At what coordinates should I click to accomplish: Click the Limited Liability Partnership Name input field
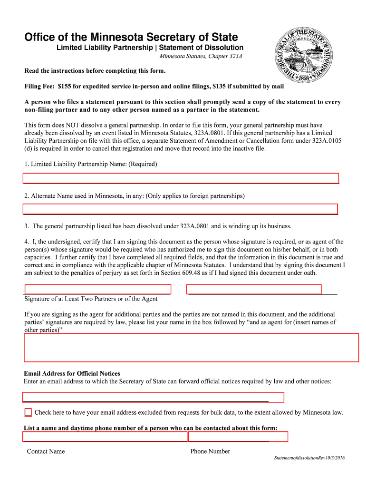pyautogui.click(x=181, y=178)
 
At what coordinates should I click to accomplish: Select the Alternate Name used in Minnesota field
pyautogui.click(x=180, y=209)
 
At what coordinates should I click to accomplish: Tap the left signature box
pyautogui.click(x=97, y=289)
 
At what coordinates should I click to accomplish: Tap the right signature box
pyautogui.click(x=254, y=289)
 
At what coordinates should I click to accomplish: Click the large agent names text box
pyautogui.click(x=191, y=348)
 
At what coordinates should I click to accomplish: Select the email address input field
pyautogui.click(x=153, y=397)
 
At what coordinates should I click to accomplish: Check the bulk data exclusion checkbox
pyautogui.click(x=28, y=412)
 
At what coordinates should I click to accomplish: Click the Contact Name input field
pyautogui.click(x=105, y=437)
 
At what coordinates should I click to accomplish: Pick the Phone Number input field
pyautogui.click(x=238, y=437)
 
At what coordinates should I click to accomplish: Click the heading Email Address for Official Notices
pyautogui.click(x=72, y=373)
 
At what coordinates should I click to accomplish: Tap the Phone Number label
pyautogui.click(x=210, y=451)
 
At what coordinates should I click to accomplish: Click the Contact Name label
pyautogui.click(x=46, y=451)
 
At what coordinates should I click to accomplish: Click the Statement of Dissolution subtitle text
pyautogui.click(x=202, y=48)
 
